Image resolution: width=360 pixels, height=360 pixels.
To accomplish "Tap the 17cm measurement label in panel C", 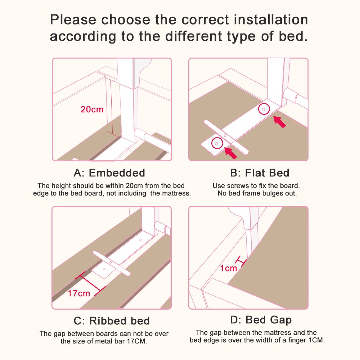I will pos(79,293).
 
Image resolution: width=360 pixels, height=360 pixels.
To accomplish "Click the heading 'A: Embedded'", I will pos(109,173).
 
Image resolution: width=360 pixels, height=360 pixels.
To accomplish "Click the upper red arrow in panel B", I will pos(280,121).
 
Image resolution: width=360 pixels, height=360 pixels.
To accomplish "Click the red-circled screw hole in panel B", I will pos(217,143).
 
